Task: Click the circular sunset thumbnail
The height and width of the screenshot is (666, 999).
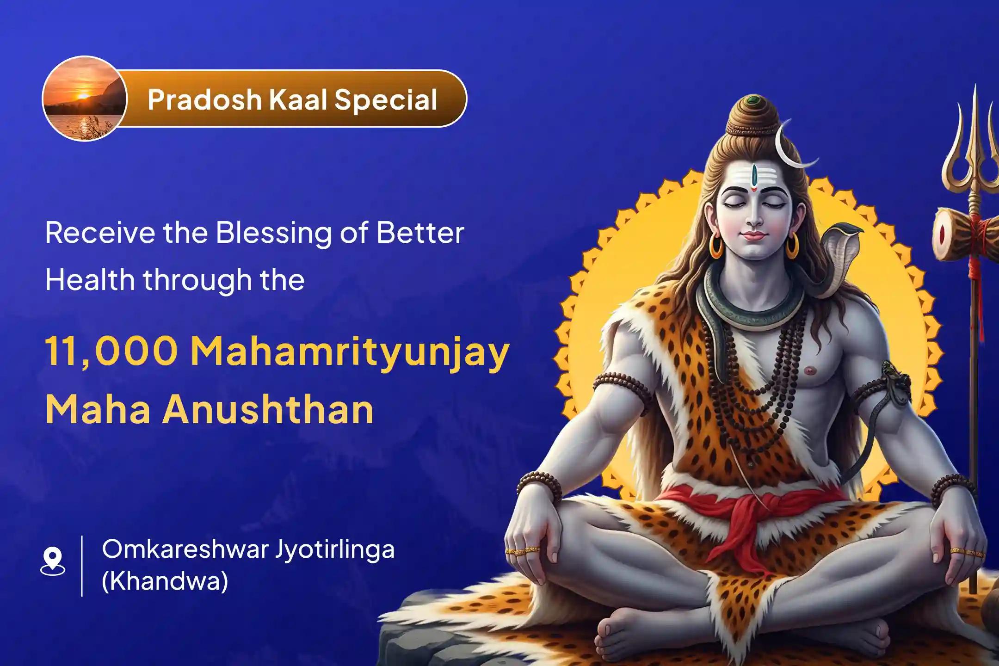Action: (x=84, y=99)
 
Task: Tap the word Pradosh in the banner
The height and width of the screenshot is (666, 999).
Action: (x=204, y=99)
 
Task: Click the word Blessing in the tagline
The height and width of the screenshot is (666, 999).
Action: (x=273, y=234)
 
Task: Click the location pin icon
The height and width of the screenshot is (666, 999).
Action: (x=53, y=561)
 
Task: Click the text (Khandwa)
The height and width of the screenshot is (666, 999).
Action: (x=165, y=581)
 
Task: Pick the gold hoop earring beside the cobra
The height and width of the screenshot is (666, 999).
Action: (x=792, y=246)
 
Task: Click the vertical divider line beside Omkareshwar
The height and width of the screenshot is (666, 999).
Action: (x=82, y=565)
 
